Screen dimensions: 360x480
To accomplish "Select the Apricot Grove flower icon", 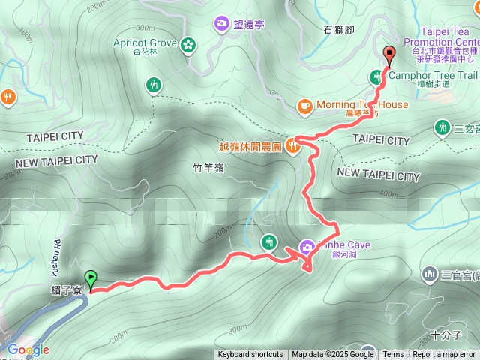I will coord(187,44).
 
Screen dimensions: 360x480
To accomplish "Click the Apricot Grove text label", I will coord(145,43).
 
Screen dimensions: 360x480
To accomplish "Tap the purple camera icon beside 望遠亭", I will coord(222,24).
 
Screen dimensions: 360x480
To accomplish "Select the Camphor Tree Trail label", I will coord(433,75).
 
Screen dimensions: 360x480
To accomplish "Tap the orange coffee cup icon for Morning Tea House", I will coord(304,106).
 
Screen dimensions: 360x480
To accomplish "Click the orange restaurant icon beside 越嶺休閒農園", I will coord(292,147).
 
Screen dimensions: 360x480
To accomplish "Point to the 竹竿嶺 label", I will coord(208,168).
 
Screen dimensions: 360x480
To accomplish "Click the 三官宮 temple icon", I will coord(430,274).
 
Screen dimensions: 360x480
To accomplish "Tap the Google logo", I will coord(28,349).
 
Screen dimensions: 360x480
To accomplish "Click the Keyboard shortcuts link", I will coord(250,355).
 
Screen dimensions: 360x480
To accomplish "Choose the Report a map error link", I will coord(444,355).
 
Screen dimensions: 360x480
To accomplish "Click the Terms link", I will coord(393,355).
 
